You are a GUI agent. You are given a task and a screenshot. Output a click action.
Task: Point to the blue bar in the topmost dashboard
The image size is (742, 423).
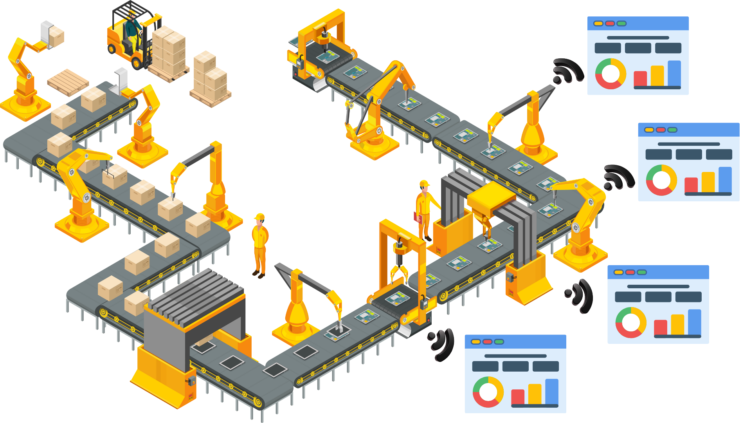point(674,73)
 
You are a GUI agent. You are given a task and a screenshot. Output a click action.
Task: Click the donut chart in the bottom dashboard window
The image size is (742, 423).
point(488,392)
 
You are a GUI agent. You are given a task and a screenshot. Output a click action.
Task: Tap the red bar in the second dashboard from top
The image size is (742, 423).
point(691,185)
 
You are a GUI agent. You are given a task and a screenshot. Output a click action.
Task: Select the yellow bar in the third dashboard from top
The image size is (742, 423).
point(677,324)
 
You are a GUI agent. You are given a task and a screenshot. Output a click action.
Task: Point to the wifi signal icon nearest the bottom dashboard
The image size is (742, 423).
point(442,343)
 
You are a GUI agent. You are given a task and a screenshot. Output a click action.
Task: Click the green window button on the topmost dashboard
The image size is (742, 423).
point(621,23)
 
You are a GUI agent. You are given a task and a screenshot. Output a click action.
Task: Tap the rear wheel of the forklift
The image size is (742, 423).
point(137,63)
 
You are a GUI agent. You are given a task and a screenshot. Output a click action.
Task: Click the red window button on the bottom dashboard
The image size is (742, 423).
point(487,342)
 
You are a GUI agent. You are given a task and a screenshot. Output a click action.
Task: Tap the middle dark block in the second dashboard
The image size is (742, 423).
point(688,154)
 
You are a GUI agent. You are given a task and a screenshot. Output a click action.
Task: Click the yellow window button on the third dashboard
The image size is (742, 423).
point(618,272)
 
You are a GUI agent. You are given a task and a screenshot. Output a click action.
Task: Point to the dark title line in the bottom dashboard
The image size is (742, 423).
point(515,356)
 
